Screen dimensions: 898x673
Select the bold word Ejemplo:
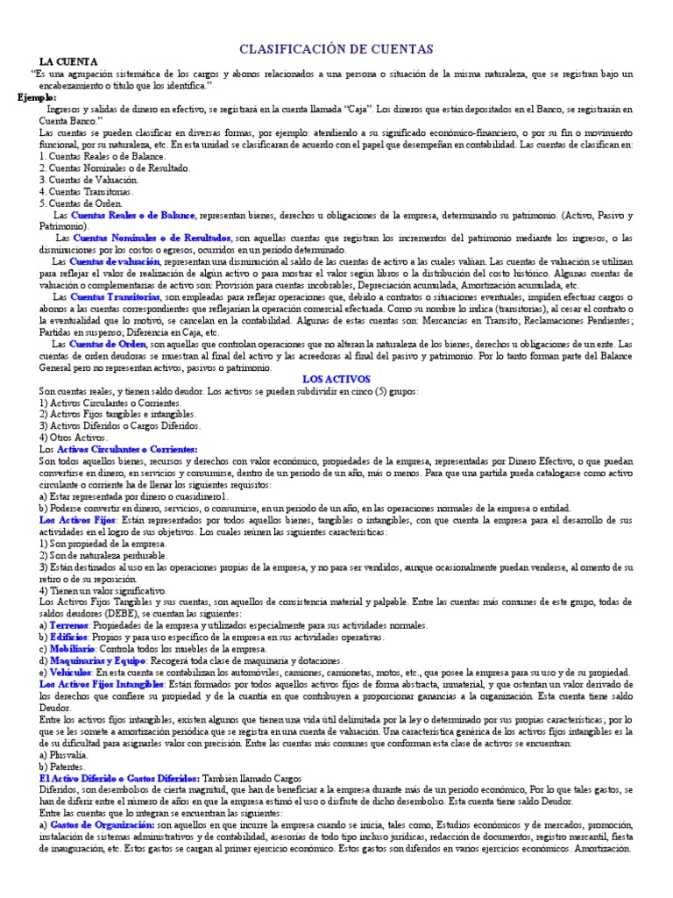pyautogui.click(x=38, y=97)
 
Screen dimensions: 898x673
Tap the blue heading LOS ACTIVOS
pyautogui.click(x=336, y=379)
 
